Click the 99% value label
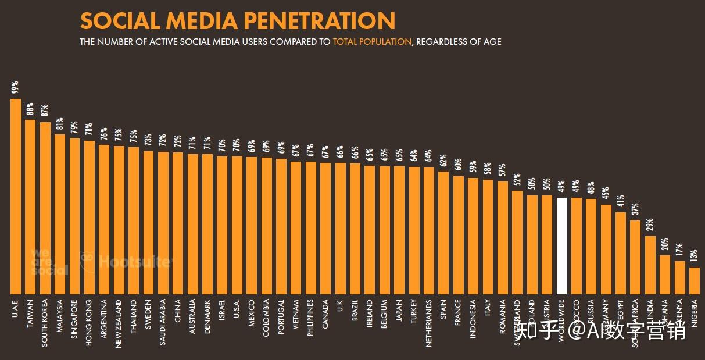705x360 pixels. click(x=15, y=87)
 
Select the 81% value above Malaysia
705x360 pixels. click(x=60, y=123)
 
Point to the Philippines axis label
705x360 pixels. click(x=310, y=322)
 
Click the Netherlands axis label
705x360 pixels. click(x=429, y=323)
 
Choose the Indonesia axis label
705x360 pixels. click(x=473, y=319)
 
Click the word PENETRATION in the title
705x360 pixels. click(x=318, y=22)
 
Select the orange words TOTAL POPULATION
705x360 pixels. click(x=372, y=42)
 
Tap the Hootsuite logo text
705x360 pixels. click(x=135, y=262)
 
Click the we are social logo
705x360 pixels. click(x=49, y=262)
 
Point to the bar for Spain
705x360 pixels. click(x=443, y=233)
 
